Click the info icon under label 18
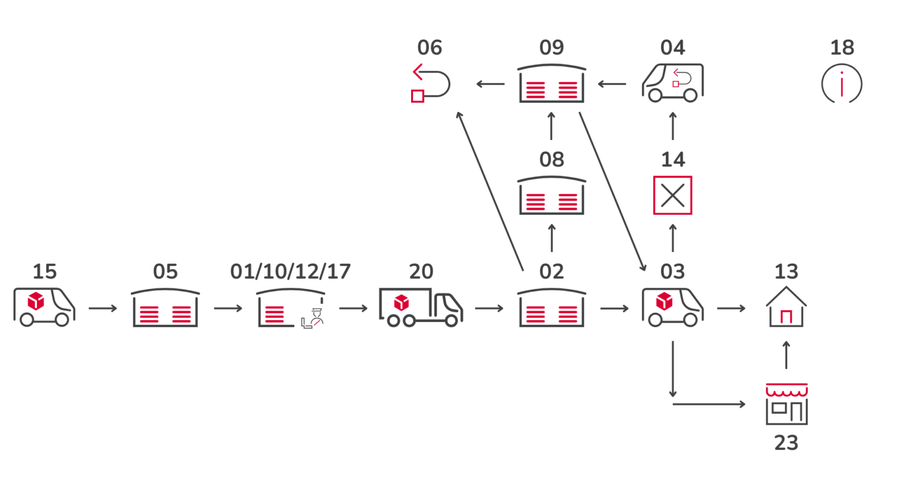(x=842, y=84)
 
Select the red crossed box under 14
(x=673, y=195)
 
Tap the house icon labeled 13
(x=786, y=307)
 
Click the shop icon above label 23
(x=787, y=404)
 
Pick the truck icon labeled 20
(x=420, y=307)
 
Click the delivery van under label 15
(x=44, y=307)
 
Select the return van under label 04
(x=673, y=83)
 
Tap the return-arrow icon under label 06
(x=430, y=84)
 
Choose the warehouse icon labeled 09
(x=552, y=84)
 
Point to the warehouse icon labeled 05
(x=165, y=308)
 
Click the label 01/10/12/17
(x=290, y=271)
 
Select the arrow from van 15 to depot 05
(x=103, y=308)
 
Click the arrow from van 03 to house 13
(x=731, y=308)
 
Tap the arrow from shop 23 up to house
(x=786, y=355)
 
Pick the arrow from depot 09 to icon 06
(x=491, y=84)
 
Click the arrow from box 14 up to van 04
(x=673, y=126)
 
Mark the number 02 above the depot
(x=552, y=271)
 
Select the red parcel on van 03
(x=664, y=301)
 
